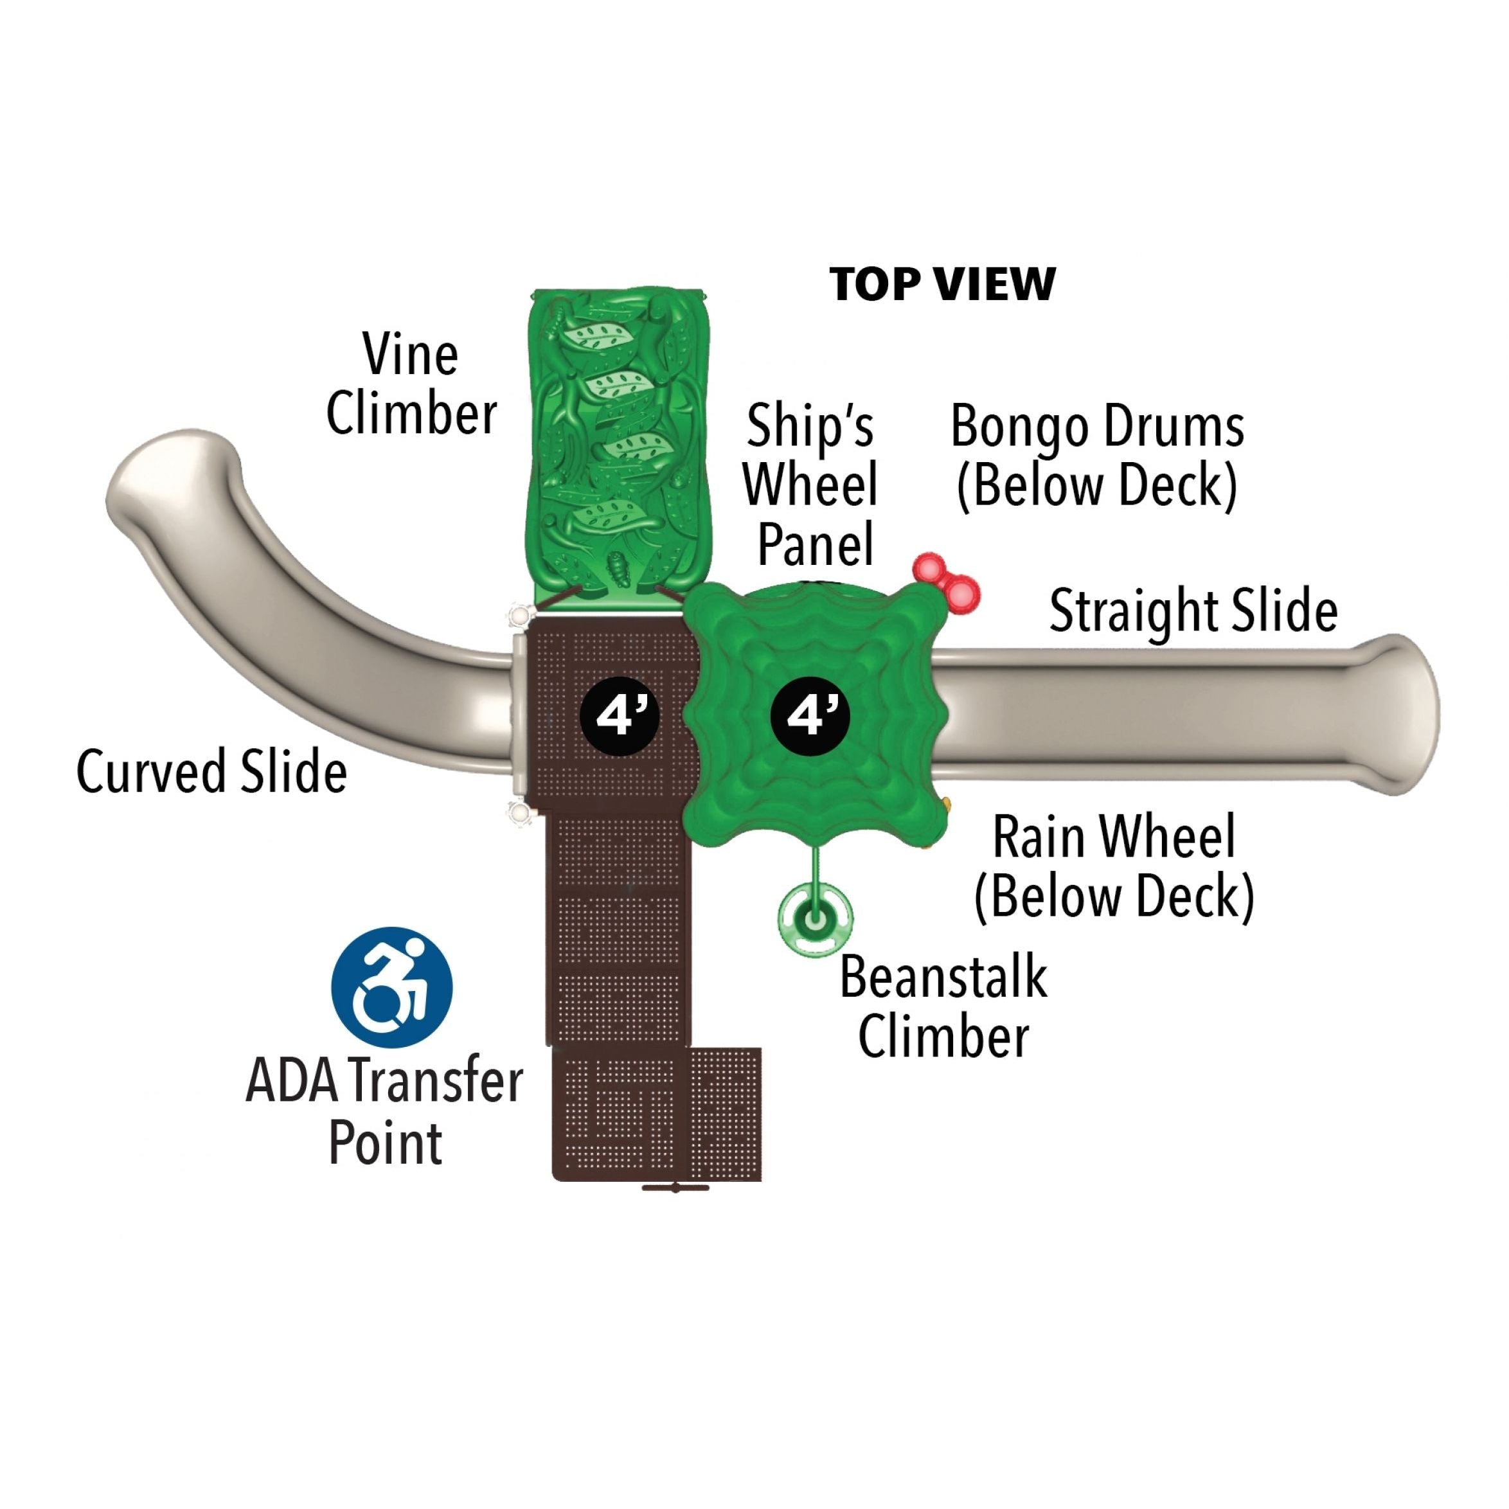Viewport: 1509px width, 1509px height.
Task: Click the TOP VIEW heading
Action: coord(942,284)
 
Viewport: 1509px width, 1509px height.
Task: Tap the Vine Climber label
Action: coord(411,384)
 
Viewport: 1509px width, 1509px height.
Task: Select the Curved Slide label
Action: coord(211,771)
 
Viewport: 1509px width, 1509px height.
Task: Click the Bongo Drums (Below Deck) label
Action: coord(1098,456)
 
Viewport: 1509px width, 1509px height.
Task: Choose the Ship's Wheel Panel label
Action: coord(811,485)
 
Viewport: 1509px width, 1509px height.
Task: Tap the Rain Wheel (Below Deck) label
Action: coord(1114,866)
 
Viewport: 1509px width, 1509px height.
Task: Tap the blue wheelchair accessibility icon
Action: coord(392,987)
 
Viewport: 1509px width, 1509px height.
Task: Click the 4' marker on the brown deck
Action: coord(620,715)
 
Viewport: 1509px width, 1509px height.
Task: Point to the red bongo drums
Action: coord(947,582)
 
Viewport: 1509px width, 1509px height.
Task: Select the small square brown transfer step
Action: coord(726,1113)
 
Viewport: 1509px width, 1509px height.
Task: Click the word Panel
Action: coord(816,544)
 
